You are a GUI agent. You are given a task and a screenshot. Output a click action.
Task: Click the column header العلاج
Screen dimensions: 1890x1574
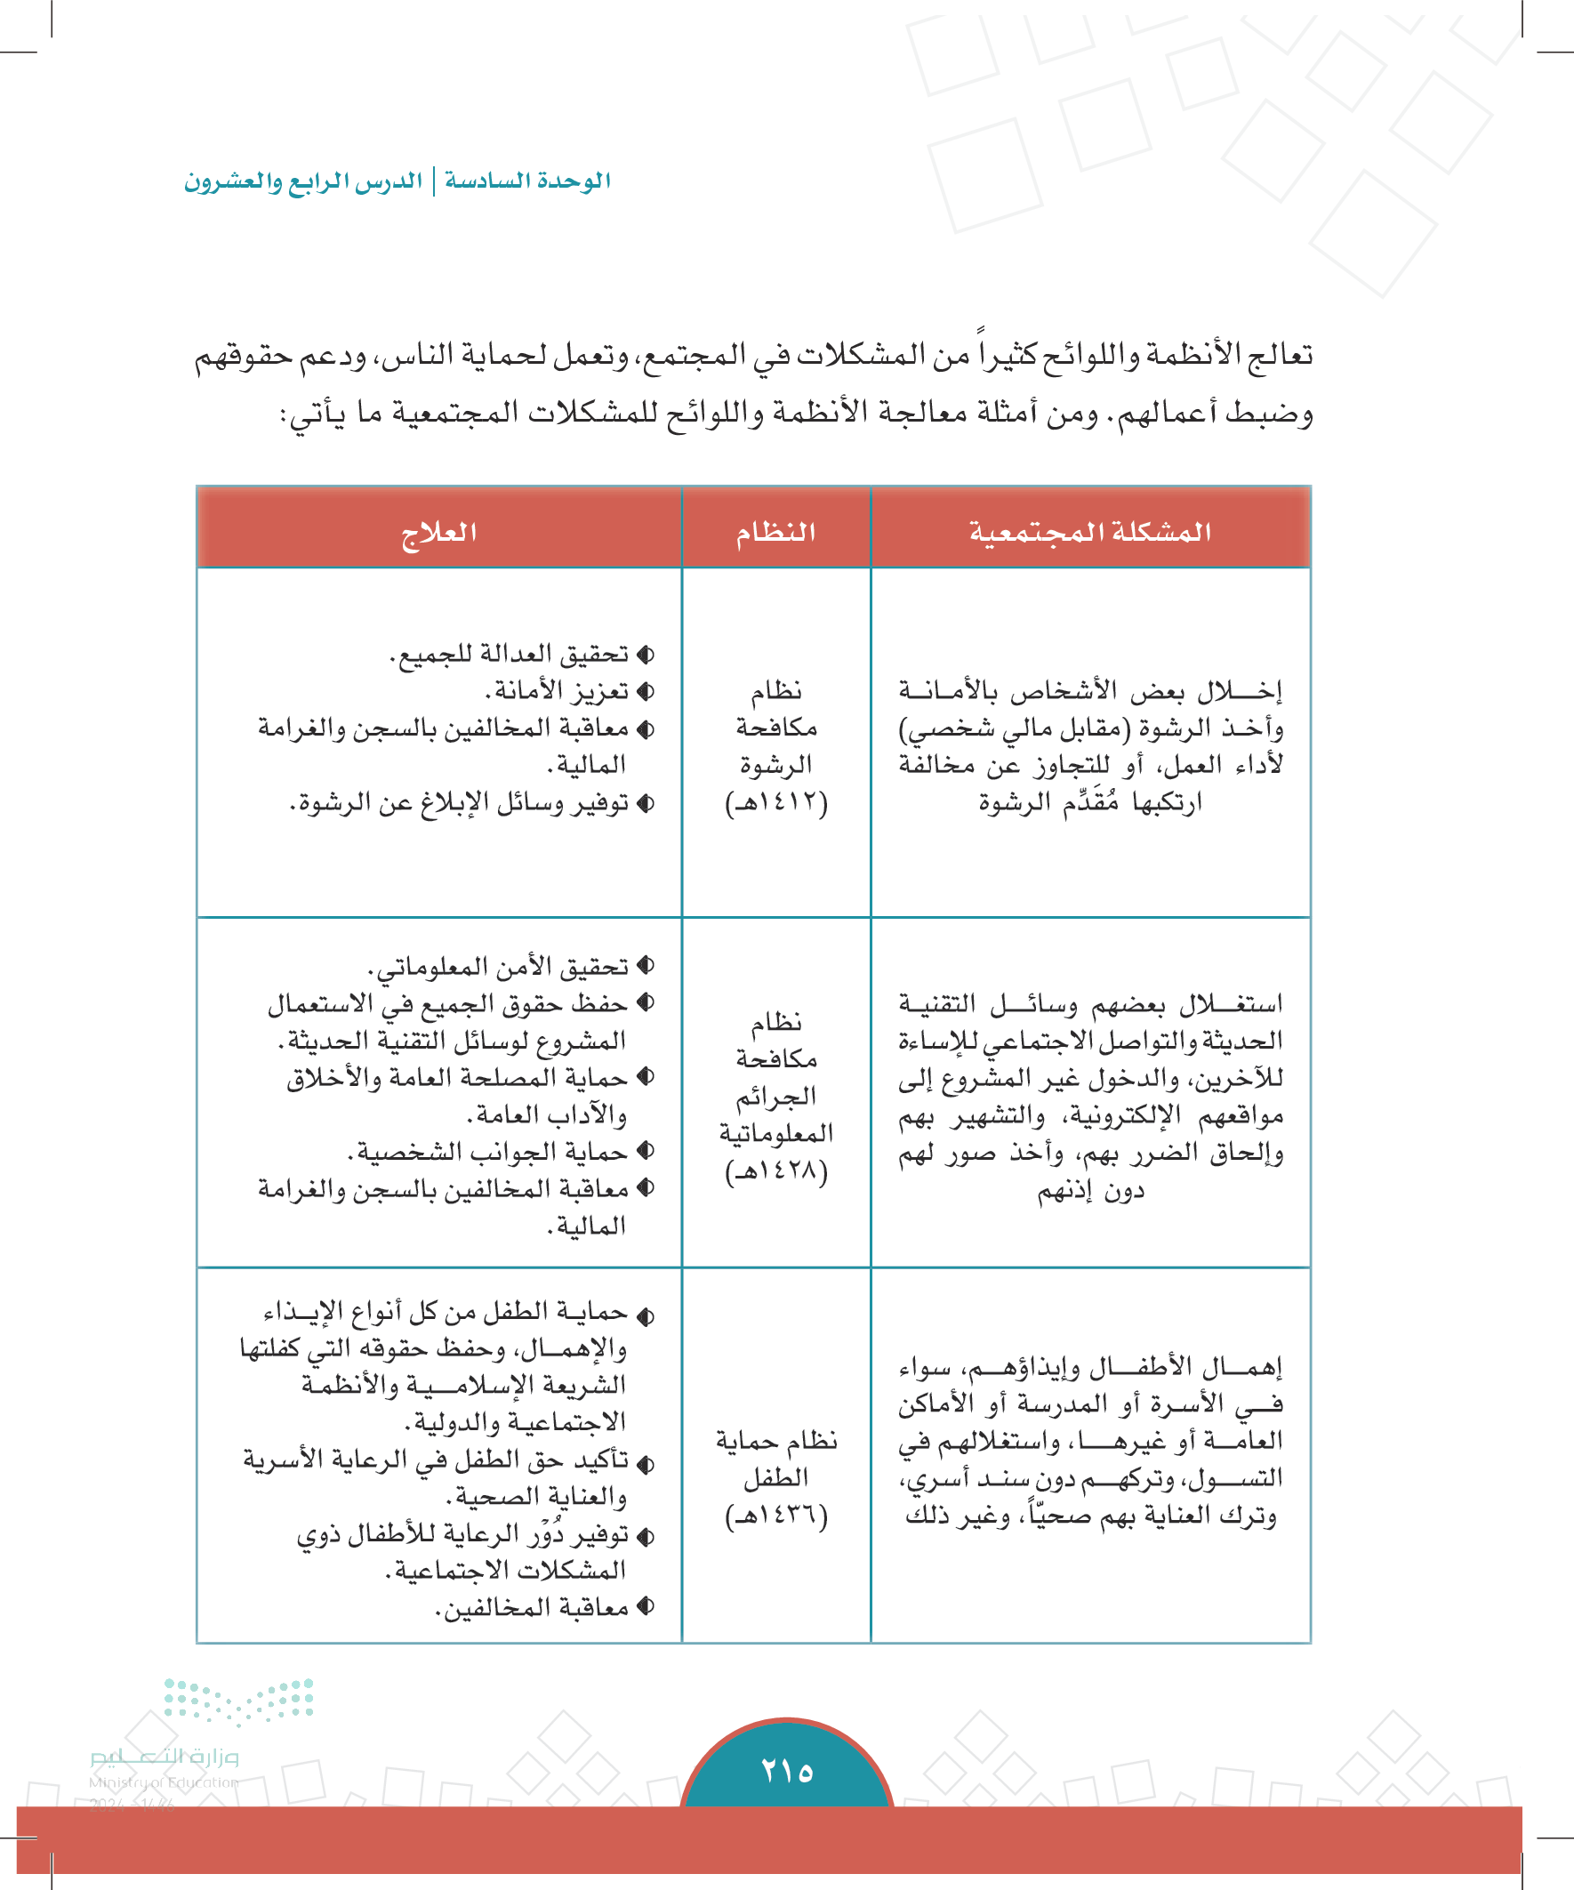[x=438, y=532]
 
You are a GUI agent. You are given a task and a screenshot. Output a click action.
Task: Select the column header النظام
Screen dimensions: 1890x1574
[x=775, y=532]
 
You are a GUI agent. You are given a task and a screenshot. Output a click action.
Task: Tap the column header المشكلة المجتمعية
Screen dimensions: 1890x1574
[x=1090, y=532]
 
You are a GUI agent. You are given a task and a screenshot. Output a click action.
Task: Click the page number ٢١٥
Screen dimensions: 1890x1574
[x=786, y=1771]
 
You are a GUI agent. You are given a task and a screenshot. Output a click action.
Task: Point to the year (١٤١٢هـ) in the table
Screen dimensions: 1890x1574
[x=775, y=802]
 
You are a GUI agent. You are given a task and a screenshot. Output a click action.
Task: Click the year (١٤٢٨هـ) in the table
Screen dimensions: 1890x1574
[x=775, y=1170]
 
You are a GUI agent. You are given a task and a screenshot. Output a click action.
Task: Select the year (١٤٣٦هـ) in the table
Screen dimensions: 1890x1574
[x=775, y=1516]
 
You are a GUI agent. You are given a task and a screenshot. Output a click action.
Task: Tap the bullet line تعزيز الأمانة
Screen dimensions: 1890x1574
[x=558, y=691]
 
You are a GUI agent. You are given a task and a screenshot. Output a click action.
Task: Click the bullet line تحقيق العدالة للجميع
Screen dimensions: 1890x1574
[x=510, y=655]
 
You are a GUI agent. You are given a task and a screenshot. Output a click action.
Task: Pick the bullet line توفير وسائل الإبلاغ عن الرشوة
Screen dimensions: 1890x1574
[x=460, y=802]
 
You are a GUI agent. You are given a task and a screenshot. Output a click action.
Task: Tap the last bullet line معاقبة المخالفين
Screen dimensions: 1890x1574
[x=532, y=1607]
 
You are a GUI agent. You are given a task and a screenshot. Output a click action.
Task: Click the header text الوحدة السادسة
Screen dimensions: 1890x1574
[x=527, y=181]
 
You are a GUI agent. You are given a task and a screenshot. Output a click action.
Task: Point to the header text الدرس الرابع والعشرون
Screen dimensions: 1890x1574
[x=303, y=181]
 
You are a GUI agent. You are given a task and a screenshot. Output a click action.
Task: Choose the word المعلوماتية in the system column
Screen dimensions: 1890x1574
[x=775, y=1133]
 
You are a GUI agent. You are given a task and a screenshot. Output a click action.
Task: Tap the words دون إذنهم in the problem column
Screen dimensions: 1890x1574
[x=1090, y=1192]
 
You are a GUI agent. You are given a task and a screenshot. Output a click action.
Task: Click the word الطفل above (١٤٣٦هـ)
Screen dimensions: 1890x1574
[x=775, y=1478]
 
